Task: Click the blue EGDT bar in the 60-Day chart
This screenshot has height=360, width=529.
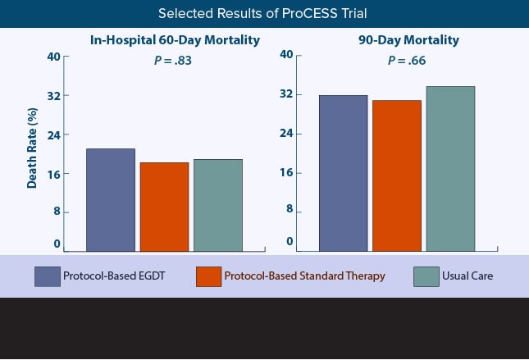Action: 111,200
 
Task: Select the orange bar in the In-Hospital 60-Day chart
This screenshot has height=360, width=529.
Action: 164,207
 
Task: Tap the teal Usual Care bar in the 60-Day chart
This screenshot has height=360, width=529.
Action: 218,205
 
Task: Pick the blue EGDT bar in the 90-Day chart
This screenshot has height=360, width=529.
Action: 344,173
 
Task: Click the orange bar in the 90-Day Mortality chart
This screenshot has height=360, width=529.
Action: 397,175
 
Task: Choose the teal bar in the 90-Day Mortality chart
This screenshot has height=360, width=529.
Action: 450,169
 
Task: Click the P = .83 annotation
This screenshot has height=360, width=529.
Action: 173,61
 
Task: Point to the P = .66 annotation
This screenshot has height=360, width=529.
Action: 407,61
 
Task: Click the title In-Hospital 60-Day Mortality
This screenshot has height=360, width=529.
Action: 175,40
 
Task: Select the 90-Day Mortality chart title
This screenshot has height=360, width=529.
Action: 408,40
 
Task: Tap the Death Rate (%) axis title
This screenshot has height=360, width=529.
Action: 32,148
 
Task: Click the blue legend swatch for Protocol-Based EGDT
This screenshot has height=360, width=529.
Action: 48,276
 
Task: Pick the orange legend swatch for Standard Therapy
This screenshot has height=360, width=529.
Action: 209,276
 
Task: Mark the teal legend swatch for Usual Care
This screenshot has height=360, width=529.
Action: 426,276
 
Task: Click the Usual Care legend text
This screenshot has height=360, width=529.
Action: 467,276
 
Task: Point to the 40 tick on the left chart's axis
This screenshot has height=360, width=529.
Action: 53,57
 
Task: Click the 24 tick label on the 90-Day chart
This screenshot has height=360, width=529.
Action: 286,134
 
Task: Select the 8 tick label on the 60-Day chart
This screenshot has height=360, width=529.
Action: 57,212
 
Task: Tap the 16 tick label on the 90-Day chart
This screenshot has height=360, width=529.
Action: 286,173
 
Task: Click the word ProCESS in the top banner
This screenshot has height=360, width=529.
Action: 309,13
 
